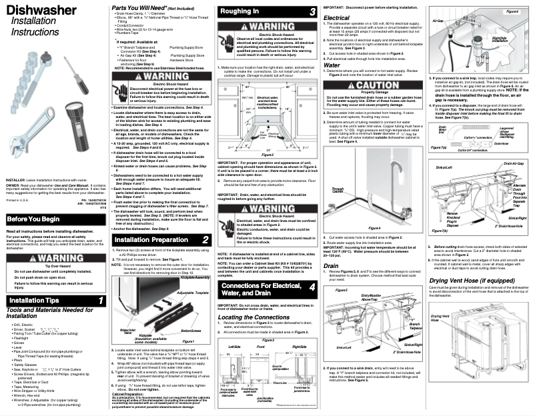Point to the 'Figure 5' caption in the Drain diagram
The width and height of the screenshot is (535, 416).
342,290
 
